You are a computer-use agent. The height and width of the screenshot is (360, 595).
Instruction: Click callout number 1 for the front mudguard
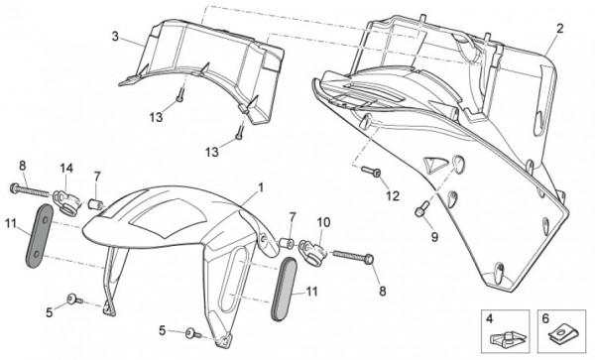(x=260, y=187)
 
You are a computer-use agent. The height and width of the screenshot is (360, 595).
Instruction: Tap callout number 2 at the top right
(x=559, y=29)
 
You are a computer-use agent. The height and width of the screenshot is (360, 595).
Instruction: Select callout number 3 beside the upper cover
(x=115, y=37)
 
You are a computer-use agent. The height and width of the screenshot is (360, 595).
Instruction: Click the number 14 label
(x=66, y=169)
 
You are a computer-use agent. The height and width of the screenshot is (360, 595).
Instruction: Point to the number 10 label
(x=323, y=222)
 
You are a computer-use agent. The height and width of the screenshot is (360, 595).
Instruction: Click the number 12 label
(x=393, y=196)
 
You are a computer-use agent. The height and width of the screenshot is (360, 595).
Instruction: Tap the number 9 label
(x=434, y=237)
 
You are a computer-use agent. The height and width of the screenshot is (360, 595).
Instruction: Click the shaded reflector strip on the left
(x=39, y=236)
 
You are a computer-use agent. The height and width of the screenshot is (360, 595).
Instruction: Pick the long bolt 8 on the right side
(x=353, y=257)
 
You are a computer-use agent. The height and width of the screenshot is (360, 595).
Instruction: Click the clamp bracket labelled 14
(x=66, y=200)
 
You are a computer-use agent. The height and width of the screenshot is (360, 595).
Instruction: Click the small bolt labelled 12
(x=371, y=171)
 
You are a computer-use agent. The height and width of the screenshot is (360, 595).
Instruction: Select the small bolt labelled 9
(x=422, y=209)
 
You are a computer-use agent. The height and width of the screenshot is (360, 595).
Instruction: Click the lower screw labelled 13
(x=239, y=132)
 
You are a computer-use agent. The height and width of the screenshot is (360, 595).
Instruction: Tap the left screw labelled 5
(x=74, y=300)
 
